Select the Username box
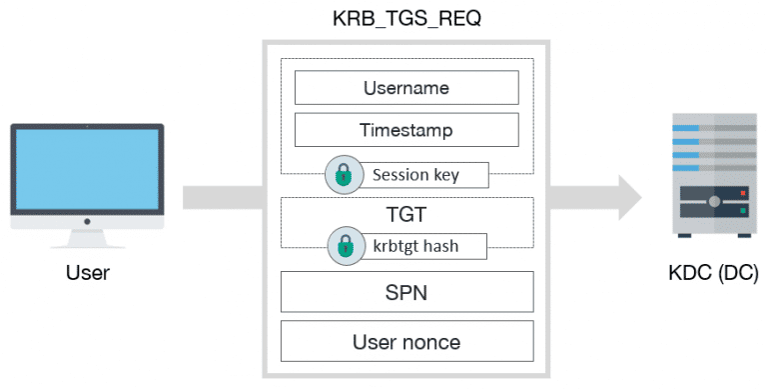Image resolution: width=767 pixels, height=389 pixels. (x=405, y=88)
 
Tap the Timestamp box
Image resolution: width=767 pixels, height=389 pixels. (x=405, y=130)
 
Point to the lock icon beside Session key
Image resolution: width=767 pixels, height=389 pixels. (x=343, y=176)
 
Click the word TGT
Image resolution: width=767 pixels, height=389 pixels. (x=405, y=213)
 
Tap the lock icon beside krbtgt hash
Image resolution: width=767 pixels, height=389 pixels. (x=343, y=245)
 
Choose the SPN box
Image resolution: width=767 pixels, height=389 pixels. (x=405, y=292)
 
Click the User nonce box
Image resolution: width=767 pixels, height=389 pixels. (x=405, y=343)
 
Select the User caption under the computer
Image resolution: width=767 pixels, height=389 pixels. (x=87, y=272)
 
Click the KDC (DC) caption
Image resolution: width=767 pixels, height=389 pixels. (x=708, y=272)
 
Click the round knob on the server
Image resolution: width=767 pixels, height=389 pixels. (x=714, y=202)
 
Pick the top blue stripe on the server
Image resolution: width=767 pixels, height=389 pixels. (x=686, y=128)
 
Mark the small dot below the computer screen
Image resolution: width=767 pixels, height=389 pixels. (x=87, y=221)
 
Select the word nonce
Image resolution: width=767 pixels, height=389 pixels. (x=432, y=343)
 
